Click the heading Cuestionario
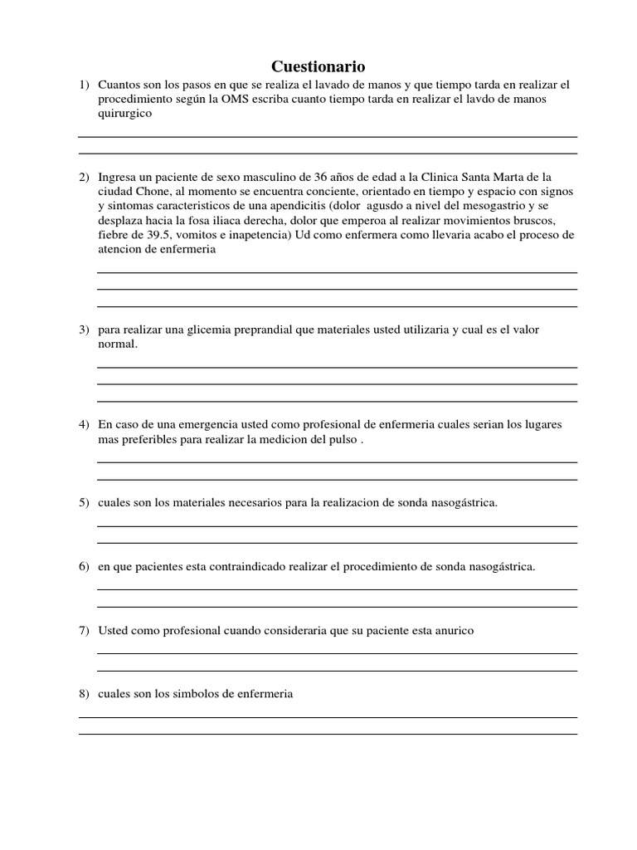click(318, 66)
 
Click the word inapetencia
click(249, 235)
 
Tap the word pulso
click(343, 439)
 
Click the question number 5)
click(84, 503)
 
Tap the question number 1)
click(84, 85)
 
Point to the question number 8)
click(84, 694)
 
